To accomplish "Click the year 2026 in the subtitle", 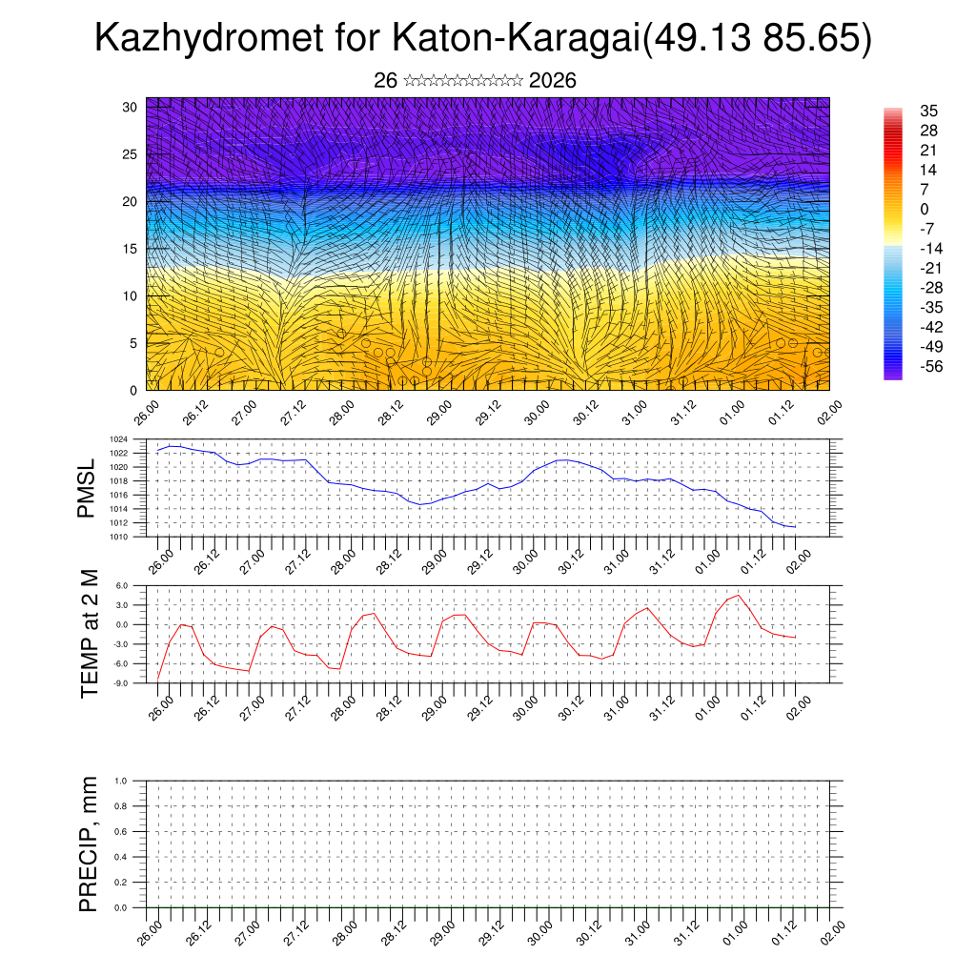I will point(552,81).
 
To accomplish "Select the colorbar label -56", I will point(926,366).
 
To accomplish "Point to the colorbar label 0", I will point(924,209).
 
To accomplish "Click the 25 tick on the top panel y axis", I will point(131,153).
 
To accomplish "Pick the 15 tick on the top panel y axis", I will point(131,249).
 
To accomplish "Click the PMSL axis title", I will point(87,488).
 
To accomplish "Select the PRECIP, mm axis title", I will point(90,844).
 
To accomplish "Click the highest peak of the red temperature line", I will point(739,595).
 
